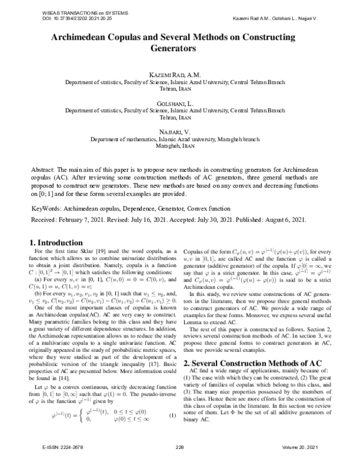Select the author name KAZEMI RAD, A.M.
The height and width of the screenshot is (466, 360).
(180, 74)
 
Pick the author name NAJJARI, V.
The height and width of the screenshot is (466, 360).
(180, 131)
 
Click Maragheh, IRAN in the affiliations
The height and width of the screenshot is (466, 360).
(180, 145)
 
